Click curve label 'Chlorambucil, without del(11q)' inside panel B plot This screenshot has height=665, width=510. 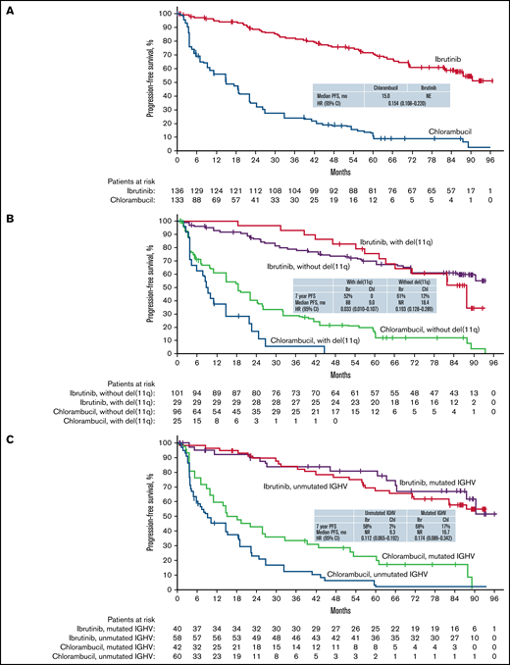click(414, 328)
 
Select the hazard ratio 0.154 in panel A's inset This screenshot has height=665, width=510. click(382, 105)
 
